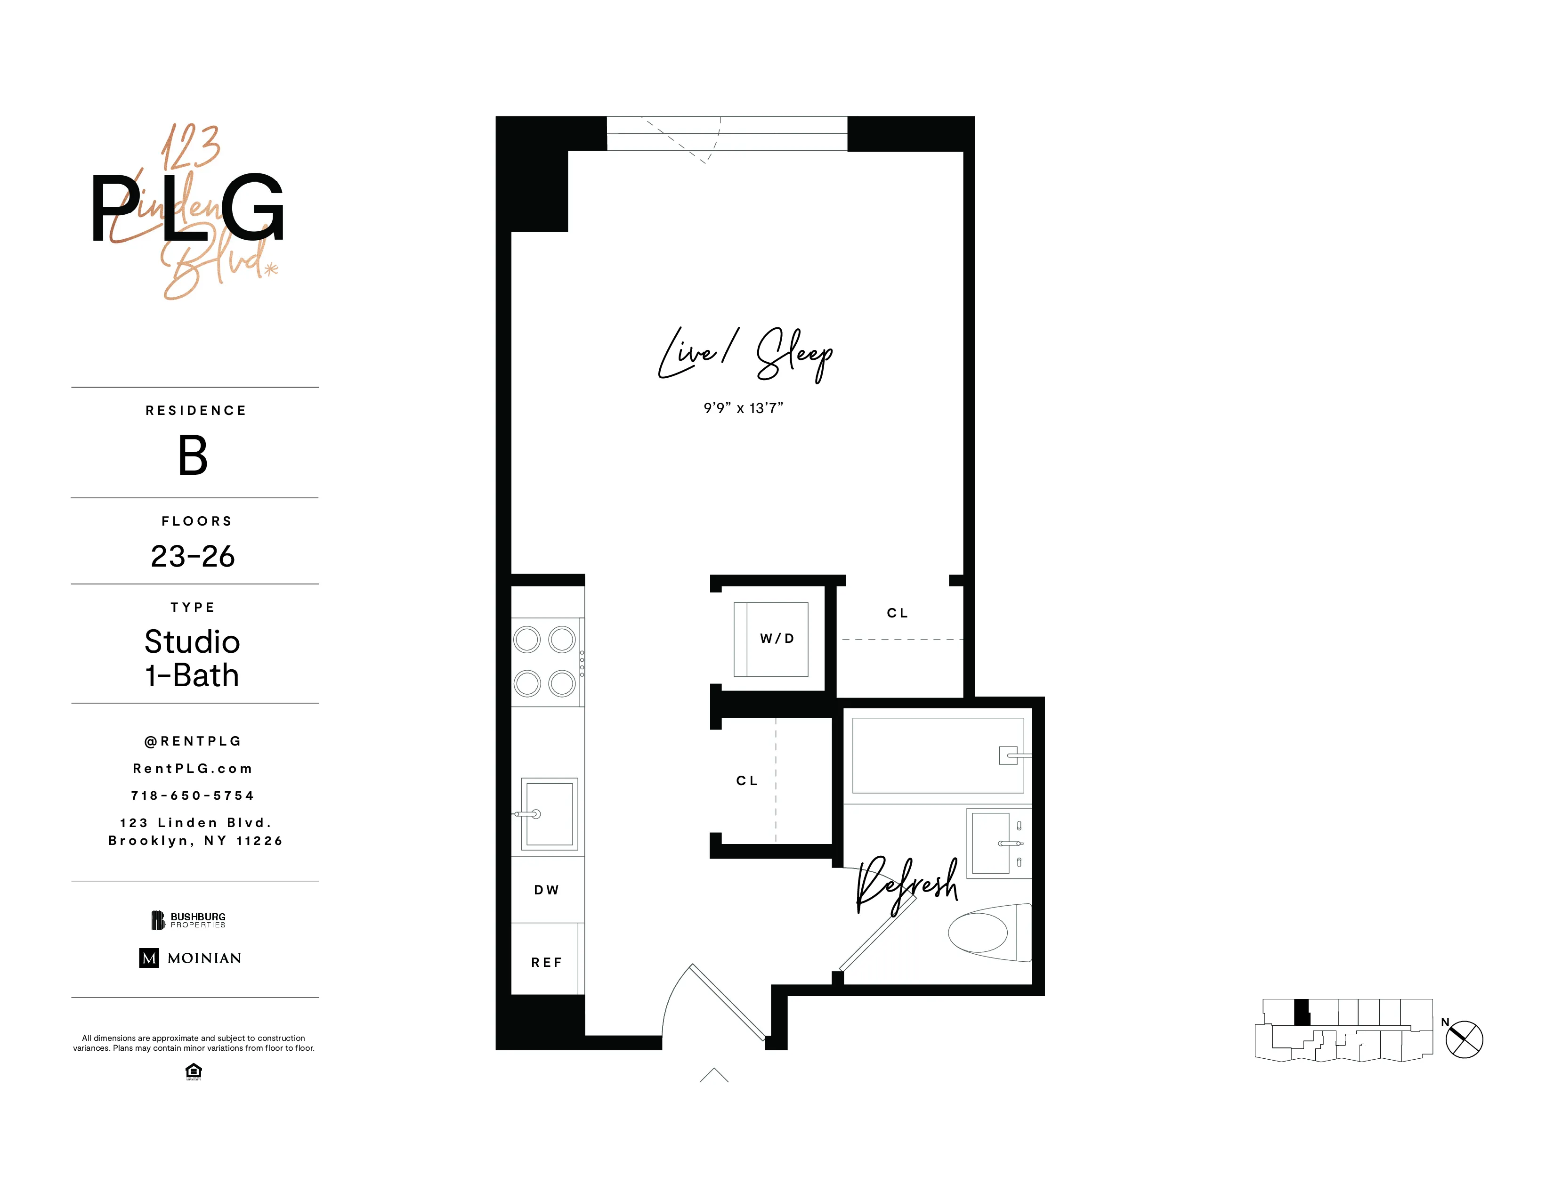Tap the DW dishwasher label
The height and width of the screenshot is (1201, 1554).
click(x=546, y=890)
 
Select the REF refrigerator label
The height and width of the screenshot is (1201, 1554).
click(x=546, y=963)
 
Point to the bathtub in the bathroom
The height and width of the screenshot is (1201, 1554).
click(x=937, y=755)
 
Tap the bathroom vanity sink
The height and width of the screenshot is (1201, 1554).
click(x=991, y=843)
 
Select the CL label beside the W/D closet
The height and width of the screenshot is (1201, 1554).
click(x=897, y=613)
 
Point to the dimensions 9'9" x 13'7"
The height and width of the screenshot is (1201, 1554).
click(x=743, y=408)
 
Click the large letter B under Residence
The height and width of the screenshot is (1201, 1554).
click(x=193, y=455)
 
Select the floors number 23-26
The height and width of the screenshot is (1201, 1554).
click(x=193, y=556)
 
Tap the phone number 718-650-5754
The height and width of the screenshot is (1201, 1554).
click(x=193, y=795)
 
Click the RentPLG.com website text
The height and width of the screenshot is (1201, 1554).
click(x=193, y=769)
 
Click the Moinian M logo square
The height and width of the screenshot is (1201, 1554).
click(x=149, y=958)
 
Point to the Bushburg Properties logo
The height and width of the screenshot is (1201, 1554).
click(x=188, y=920)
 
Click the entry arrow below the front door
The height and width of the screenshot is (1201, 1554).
click(x=714, y=1075)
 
